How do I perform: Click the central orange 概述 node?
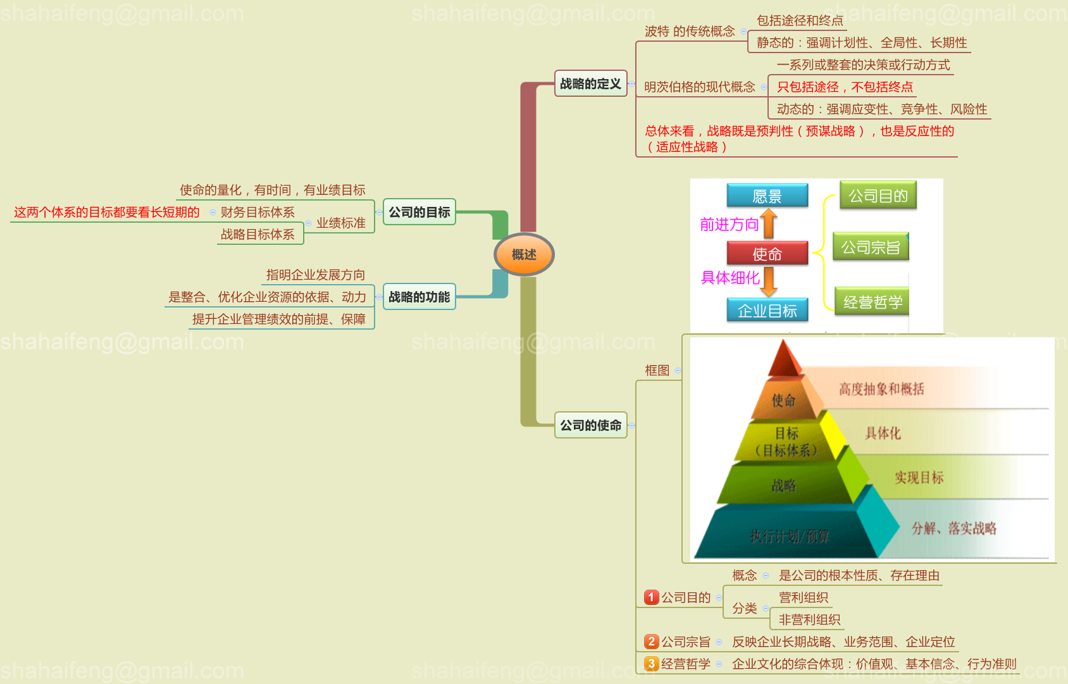(x=524, y=254)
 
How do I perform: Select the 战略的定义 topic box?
(x=590, y=84)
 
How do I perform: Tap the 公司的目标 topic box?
(x=419, y=212)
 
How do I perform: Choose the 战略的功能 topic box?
(x=419, y=297)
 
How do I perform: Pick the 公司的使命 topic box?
(x=590, y=425)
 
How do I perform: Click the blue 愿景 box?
(x=767, y=196)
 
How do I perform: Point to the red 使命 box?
(x=767, y=254)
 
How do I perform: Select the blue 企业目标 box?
(x=767, y=311)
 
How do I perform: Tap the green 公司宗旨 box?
(x=871, y=247)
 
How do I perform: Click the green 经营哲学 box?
(x=872, y=302)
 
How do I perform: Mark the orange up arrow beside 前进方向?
(x=769, y=223)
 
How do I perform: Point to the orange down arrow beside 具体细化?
(x=769, y=281)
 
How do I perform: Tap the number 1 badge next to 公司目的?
(x=651, y=597)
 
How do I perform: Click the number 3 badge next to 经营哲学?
(x=651, y=664)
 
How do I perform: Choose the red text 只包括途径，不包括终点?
(x=845, y=87)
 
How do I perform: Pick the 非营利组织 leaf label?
(x=809, y=619)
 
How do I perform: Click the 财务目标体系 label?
(x=258, y=212)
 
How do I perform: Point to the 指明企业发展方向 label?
(x=315, y=275)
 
